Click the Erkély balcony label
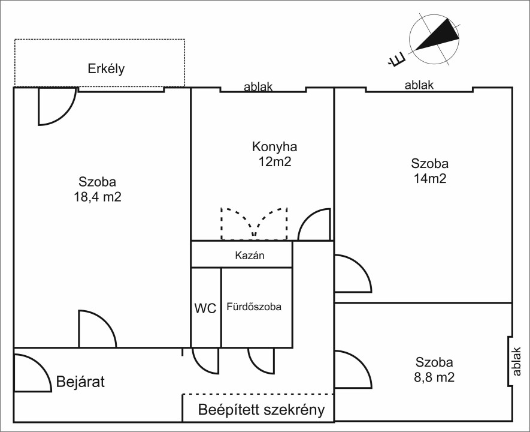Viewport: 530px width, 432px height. coord(106,68)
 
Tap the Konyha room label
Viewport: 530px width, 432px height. coord(274,147)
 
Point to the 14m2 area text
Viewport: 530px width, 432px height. coord(429,178)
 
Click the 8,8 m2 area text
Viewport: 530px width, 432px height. coord(434,377)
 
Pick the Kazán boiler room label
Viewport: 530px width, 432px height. coord(250,255)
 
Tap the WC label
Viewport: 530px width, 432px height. coord(205,308)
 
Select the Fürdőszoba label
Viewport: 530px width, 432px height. coord(254,307)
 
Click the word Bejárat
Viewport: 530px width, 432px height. coord(80,382)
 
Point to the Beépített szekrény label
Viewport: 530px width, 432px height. coord(261,410)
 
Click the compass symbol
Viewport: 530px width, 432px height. coord(434,40)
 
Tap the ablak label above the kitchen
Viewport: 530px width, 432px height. coord(258,87)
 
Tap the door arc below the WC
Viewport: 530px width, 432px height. coord(205,360)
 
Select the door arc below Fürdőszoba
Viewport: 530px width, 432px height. coord(261,360)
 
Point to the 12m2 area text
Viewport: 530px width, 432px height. coord(274,161)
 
